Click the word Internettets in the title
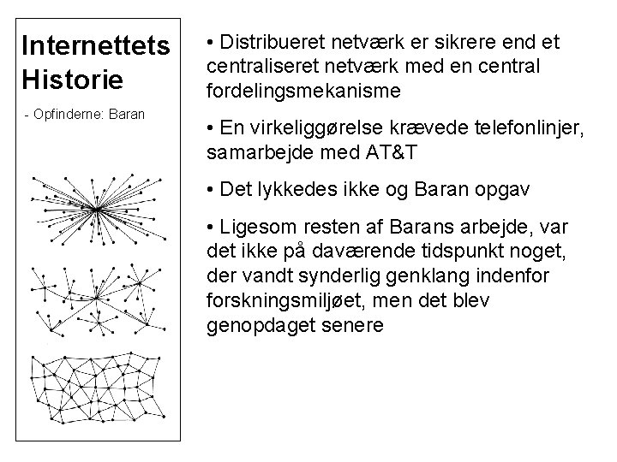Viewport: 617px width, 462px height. click(x=97, y=44)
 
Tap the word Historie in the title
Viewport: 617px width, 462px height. click(x=74, y=80)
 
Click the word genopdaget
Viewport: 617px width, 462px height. click(x=256, y=327)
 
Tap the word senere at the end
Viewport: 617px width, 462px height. click(x=343, y=327)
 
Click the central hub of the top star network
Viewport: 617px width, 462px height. click(x=97, y=210)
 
